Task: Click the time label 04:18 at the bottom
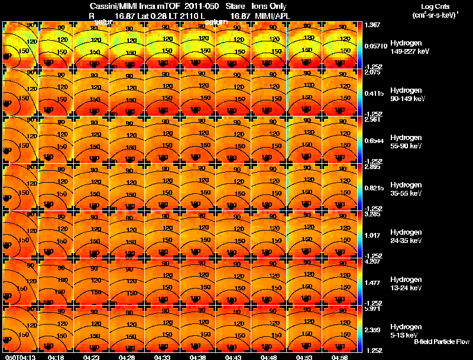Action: tap(56, 356)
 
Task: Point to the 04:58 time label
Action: tap(339, 356)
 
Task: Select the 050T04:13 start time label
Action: tap(19, 356)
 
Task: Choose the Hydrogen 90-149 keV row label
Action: tap(410, 95)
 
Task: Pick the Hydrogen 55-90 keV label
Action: tap(410, 142)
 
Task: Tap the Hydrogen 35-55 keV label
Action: tap(410, 189)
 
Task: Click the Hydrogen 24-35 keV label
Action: tap(410, 236)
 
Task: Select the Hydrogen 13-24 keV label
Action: tap(410, 284)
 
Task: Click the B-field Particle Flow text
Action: tap(442, 342)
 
